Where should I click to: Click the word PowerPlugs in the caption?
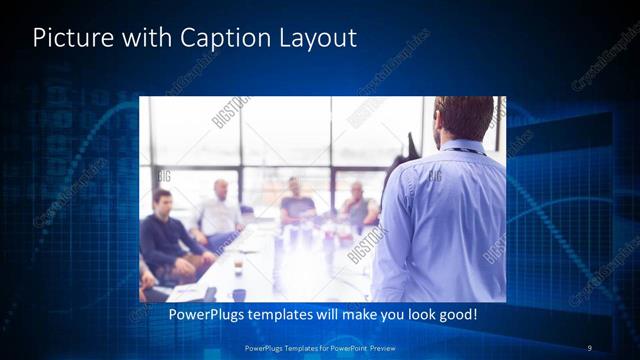pos(206,315)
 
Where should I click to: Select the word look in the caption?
pos(413,315)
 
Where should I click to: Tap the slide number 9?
pos(589,347)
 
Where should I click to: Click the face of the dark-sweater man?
pos(162,200)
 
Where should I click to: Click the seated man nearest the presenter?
pos(357,205)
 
